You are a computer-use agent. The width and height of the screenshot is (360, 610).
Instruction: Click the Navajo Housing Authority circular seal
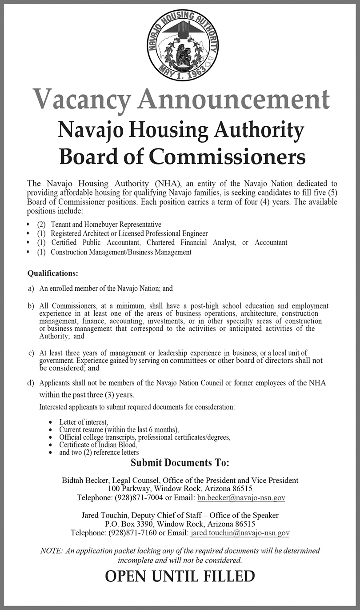(184, 45)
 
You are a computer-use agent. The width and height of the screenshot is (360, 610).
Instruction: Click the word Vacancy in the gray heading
(82, 99)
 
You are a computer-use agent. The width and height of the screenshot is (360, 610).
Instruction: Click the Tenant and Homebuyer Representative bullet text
(106, 225)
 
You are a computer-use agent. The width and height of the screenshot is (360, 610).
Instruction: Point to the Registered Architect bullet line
(129, 233)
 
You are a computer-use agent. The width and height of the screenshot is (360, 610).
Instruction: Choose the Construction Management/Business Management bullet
(121, 252)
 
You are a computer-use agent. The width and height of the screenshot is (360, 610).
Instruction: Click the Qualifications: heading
(53, 273)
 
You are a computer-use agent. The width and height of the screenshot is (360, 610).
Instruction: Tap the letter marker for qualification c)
(31, 353)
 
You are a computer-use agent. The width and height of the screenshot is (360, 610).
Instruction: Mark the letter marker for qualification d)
(31, 383)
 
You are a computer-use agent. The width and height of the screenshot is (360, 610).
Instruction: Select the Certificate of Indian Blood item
(98, 444)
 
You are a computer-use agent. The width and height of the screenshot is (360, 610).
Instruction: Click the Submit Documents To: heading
(180, 463)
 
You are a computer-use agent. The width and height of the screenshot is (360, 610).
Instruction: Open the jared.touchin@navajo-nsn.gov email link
(240, 532)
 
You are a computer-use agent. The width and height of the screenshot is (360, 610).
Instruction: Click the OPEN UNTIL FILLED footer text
(180, 577)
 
